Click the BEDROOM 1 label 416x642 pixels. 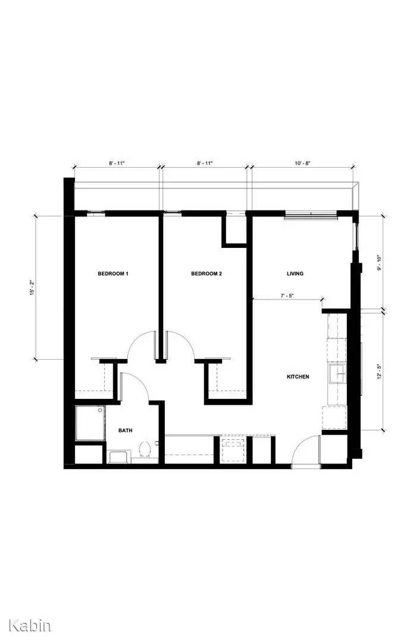[x=113, y=274]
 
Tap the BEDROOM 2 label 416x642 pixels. [x=206, y=274]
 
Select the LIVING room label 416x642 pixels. [x=295, y=274]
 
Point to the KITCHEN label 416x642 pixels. [x=298, y=377]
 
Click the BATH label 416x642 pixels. [x=125, y=430]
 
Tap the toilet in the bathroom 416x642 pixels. [x=144, y=450]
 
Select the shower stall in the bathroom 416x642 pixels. [x=89, y=423]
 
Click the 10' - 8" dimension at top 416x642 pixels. [x=302, y=162]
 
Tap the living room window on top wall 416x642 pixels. [x=309, y=215]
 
